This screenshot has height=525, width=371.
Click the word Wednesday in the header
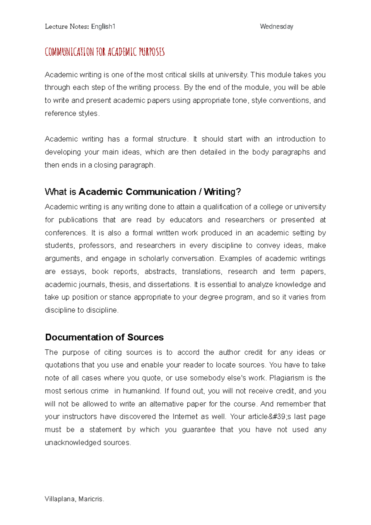(x=276, y=27)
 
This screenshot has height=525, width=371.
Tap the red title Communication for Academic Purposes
(x=104, y=52)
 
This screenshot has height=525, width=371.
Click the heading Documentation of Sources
(x=104, y=337)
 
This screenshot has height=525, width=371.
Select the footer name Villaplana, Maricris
(x=75, y=499)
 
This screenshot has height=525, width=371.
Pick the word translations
(x=202, y=271)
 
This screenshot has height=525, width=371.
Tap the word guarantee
(x=198, y=429)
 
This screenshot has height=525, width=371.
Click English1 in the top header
(x=103, y=27)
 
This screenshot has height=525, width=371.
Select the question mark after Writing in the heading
(x=238, y=192)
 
